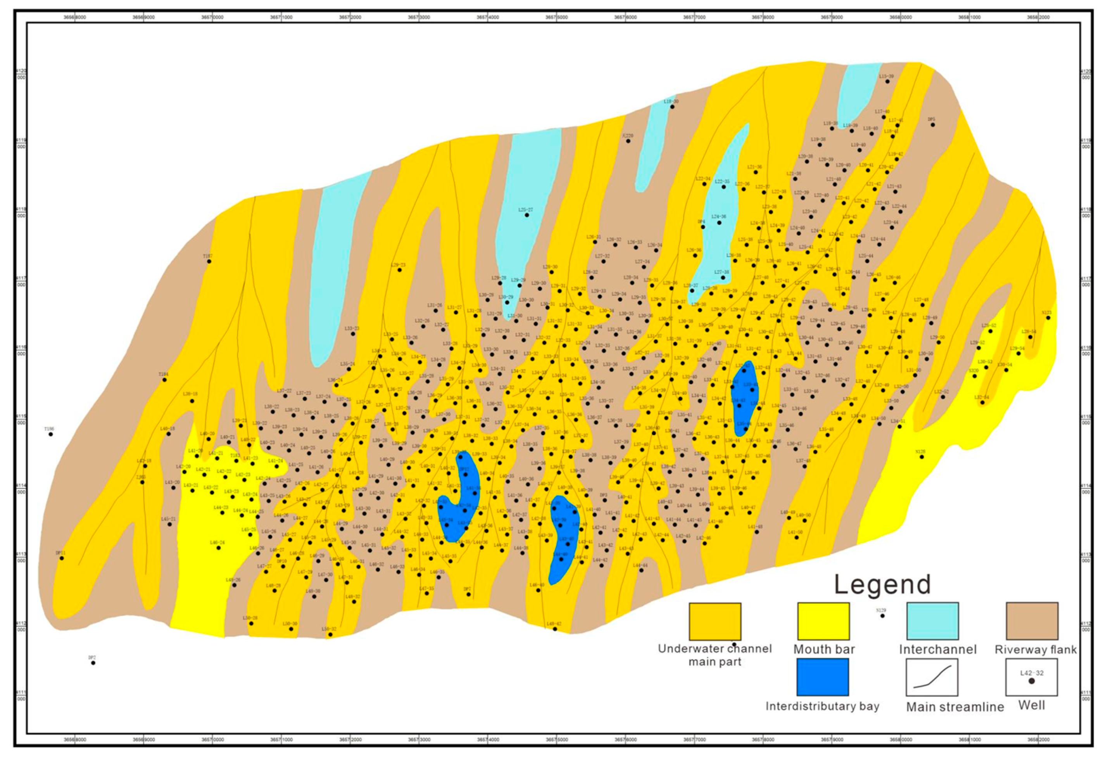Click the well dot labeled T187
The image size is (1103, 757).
(209, 261)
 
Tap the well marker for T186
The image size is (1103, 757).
(51, 434)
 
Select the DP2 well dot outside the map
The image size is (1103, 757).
(93, 663)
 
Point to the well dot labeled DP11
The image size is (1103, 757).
(62, 558)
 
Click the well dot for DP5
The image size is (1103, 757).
(933, 125)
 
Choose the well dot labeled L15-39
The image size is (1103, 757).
(887, 81)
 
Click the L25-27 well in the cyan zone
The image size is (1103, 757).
(526, 215)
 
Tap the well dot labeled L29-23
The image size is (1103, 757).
(400, 270)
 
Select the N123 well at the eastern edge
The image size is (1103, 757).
(1048, 318)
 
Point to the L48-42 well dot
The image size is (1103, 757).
(555, 629)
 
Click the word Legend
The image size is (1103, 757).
(882, 585)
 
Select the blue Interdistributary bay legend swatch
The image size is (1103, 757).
(823, 677)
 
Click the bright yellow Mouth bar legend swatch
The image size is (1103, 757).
(823, 621)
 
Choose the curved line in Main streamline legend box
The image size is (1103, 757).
(932, 677)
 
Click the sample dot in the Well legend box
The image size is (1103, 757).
(1031, 681)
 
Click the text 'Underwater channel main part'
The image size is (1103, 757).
(715, 655)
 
